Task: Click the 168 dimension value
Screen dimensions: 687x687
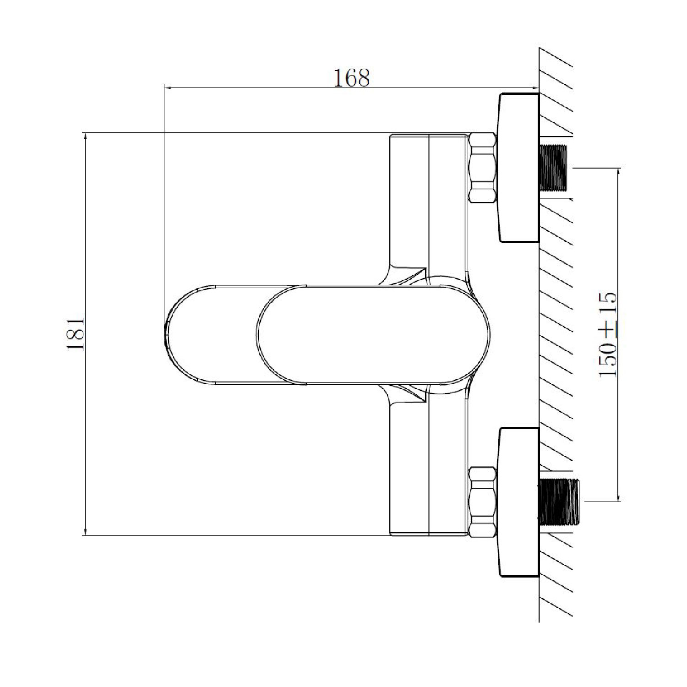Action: [x=351, y=78]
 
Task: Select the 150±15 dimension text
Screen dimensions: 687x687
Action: [x=608, y=334]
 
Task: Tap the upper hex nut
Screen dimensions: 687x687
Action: [x=483, y=168]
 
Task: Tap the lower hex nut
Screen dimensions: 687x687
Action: [x=484, y=502]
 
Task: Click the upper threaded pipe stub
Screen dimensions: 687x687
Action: [x=553, y=168]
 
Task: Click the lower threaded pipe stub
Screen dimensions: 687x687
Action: [x=560, y=502]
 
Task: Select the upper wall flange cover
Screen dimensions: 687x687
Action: [x=519, y=168]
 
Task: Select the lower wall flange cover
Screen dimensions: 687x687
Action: [x=519, y=502]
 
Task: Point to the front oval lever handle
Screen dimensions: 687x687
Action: [x=374, y=334]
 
